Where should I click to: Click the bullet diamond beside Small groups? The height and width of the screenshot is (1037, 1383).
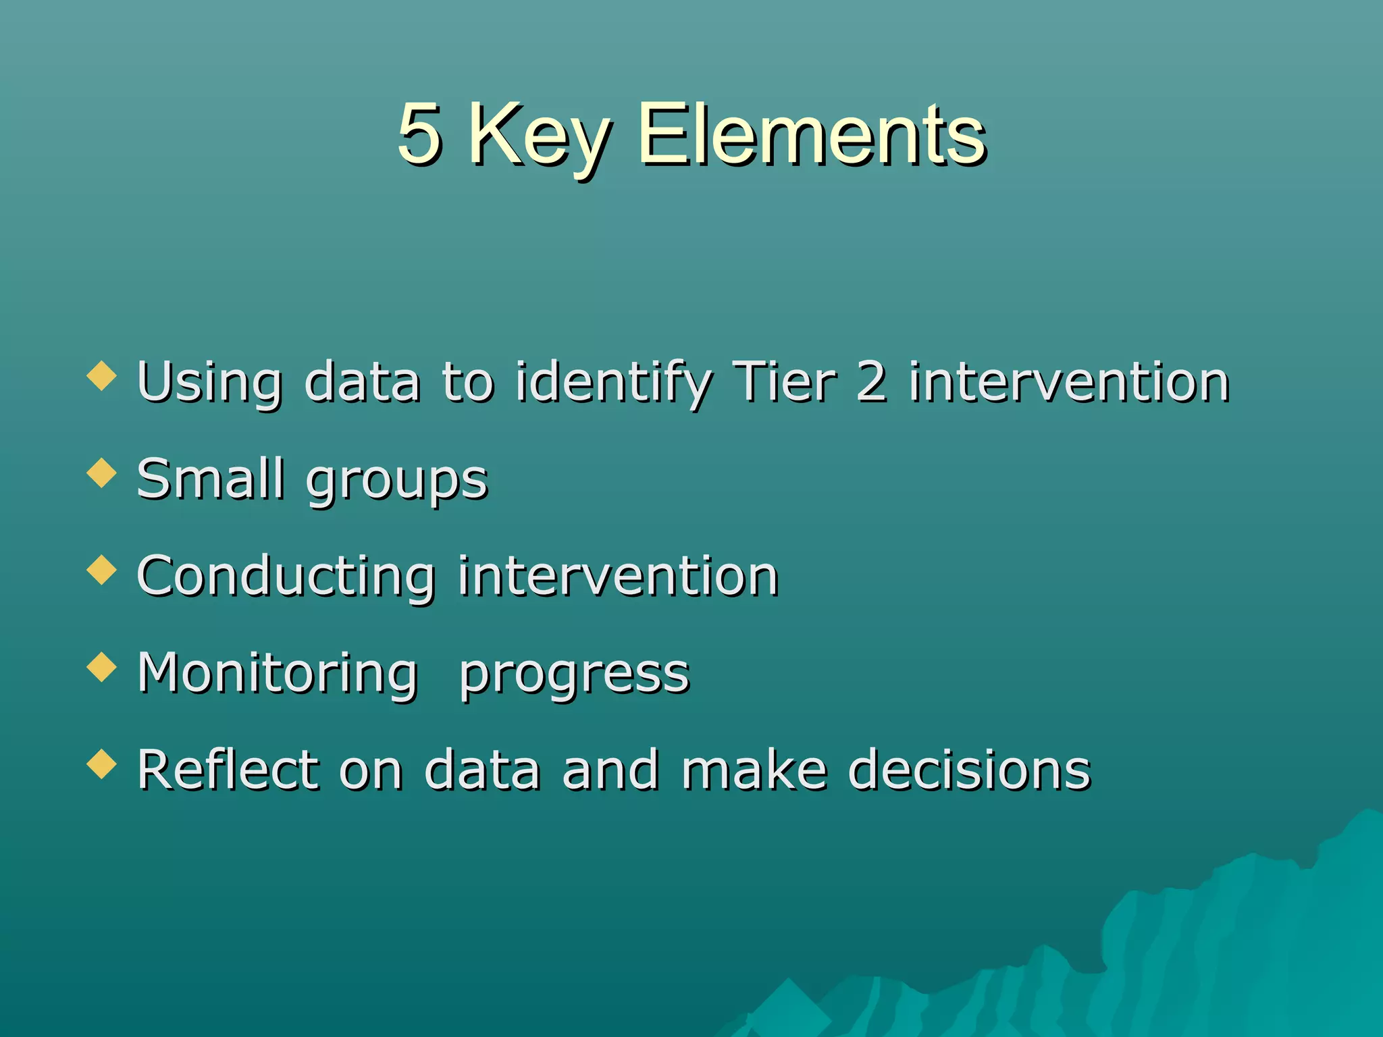pyautogui.click(x=102, y=473)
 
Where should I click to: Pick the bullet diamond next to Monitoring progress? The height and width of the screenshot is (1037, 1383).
pyautogui.click(x=102, y=666)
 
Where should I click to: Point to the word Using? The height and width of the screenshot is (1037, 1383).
pyautogui.click(x=209, y=383)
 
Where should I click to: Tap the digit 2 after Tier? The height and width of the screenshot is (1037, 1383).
pyautogui.click(x=871, y=382)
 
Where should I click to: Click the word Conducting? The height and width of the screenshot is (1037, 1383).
pyautogui.click(x=286, y=578)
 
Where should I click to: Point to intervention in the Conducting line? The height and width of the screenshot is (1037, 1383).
pyautogui.click(x=618, y=577)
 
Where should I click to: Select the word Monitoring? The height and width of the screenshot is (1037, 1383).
pyautogui.click(x=278, y=674)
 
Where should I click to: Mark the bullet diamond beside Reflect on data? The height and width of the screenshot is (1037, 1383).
pyautogui.click(x=102, y=764)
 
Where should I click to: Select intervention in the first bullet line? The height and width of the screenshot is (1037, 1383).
pyautogui.click(x=1068, y=382)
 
